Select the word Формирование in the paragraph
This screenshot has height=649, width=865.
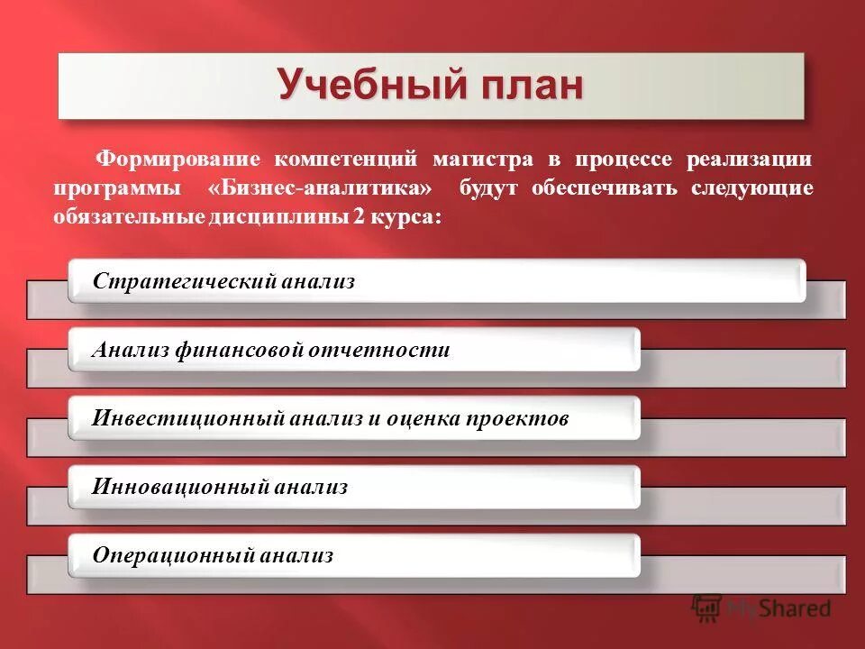[x=178, y=160]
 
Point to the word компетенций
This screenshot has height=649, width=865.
[x=346, y=160]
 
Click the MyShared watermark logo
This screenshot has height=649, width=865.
[x=761, y=608]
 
